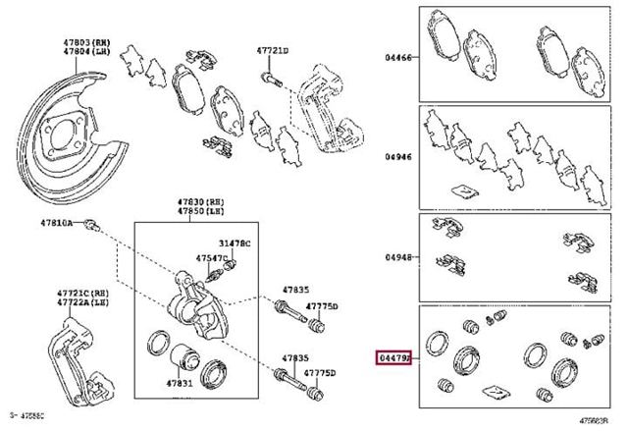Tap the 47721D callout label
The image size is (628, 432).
click(274, 49)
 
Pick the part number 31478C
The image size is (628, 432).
click(235, 243)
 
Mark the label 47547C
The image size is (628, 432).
click(210, 257)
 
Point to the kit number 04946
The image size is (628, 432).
click(398, 155)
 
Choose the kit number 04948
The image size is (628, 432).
click(398, 257)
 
